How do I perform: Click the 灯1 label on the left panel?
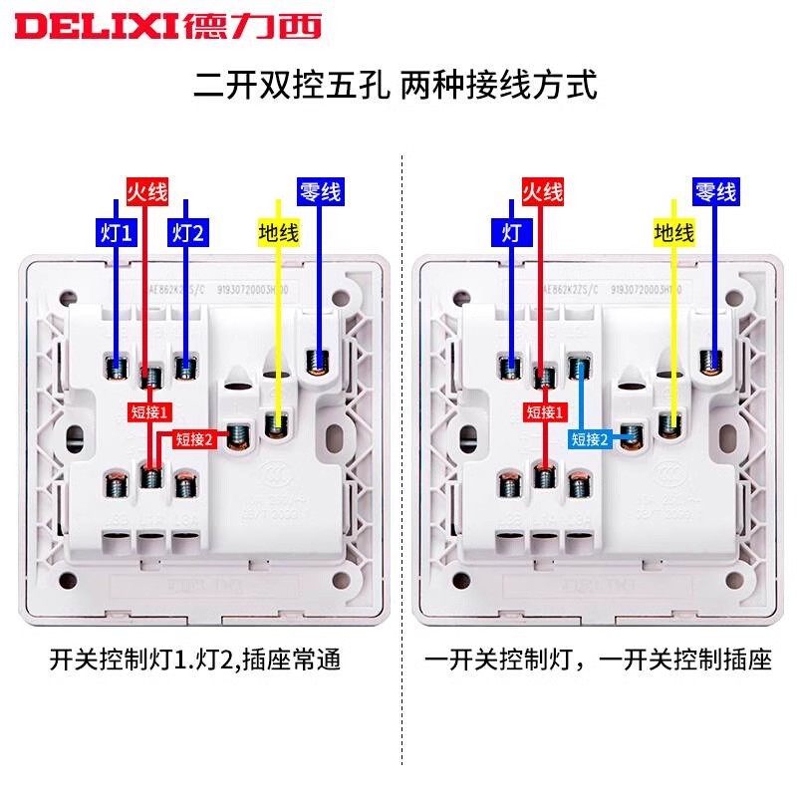tap(116, 233)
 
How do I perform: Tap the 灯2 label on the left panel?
tap(186, 233)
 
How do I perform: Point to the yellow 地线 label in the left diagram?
tap(278, 233)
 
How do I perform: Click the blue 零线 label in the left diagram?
tap(320, 191)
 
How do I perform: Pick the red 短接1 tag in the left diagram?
tap(150, 409)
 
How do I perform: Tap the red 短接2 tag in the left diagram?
tap(194, 437)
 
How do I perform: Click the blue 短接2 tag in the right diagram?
tap(590, 437)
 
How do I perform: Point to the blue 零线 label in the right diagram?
tap(715, 191)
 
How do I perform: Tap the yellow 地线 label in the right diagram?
tap(673, 233)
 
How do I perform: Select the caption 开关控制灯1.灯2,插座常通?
tap(194, 660)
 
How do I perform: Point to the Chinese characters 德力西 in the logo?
tap(252, 27)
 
